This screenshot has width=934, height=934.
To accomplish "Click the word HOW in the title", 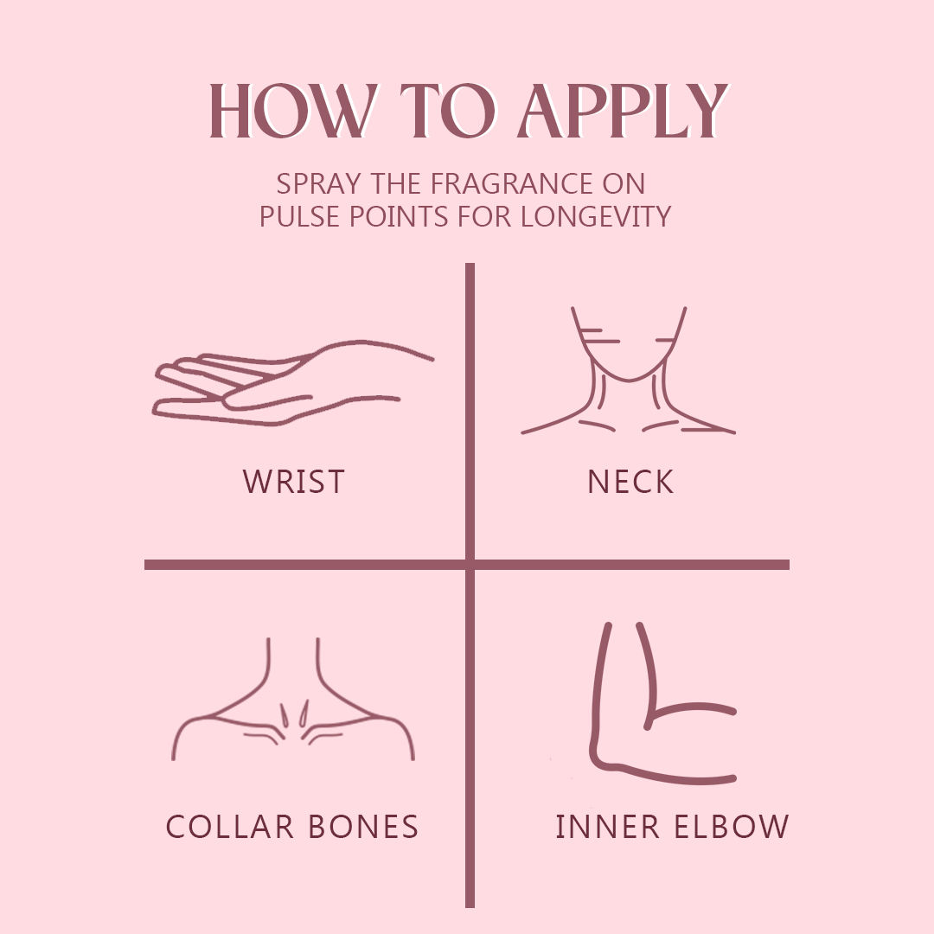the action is [293, 111].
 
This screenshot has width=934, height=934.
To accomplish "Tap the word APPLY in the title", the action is [623, 111].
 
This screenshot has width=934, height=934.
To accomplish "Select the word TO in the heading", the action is [447, 111].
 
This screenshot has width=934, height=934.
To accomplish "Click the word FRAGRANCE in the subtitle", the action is [512, 183].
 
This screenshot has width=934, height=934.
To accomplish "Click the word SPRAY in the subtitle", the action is [318, 183].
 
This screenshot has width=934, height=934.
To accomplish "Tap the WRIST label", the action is [294, 482].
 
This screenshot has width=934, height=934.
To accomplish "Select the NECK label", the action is [630, 482].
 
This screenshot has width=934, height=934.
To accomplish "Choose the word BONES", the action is [363, 826].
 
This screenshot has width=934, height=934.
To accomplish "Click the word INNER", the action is [608, 826].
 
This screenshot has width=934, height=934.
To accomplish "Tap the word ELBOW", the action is [732, 826].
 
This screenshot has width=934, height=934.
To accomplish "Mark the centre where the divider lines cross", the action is [470, 565].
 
